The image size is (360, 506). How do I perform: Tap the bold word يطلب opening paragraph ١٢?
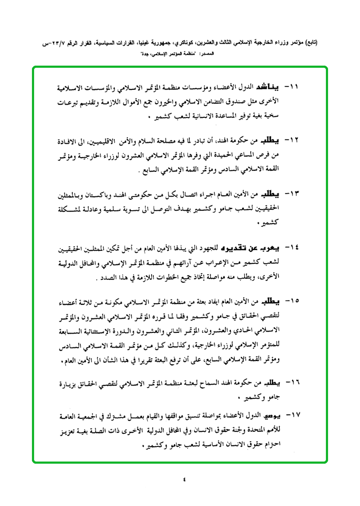[x=271, y=141]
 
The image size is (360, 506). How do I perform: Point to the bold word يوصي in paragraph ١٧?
[x=272, y=415]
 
